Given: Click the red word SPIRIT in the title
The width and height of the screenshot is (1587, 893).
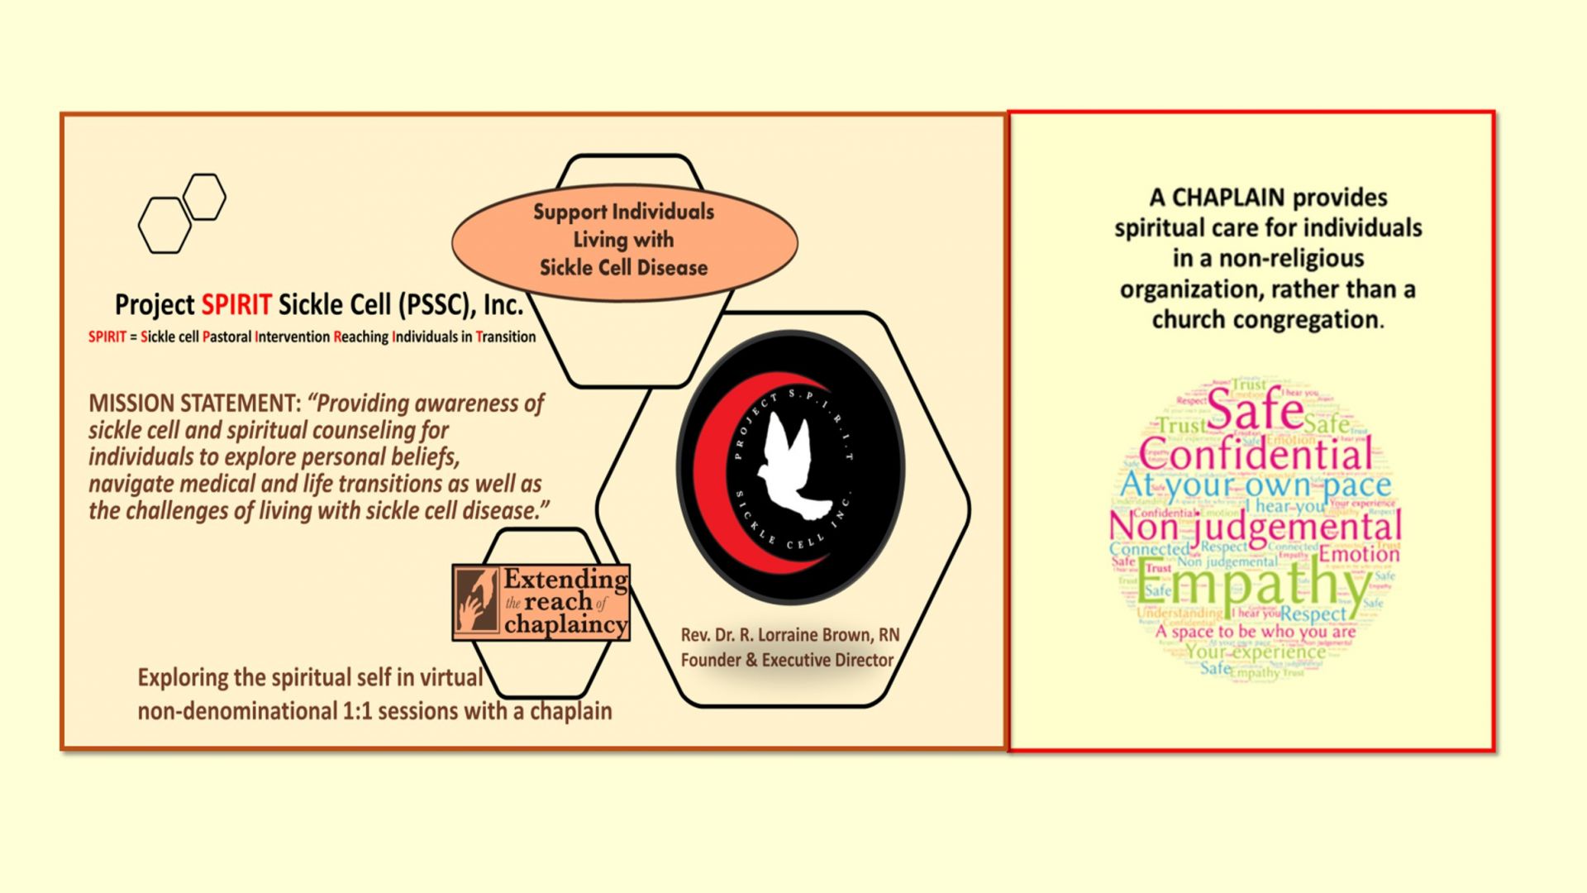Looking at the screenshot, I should click(x=236, y=305).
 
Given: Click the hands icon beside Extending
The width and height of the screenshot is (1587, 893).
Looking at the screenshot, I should click(x=477, y=602).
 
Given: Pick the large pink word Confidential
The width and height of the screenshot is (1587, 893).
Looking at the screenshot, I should click(x=1256, y=455).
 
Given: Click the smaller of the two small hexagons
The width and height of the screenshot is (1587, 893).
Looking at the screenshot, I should click(x=204, y=197).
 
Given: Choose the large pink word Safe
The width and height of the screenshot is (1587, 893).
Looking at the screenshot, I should click(x=1255, y=409).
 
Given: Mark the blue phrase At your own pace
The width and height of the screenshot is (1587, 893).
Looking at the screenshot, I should click(x=1256, y=485).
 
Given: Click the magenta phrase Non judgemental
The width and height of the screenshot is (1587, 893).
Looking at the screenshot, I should click(x=1255, y=527).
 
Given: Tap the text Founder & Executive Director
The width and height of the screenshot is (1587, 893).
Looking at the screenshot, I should click(x=787, y=661).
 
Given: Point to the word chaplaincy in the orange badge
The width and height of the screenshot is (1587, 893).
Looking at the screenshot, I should click(x=565, y=625).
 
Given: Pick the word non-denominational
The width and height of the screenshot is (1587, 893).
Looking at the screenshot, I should click(x=237, y=711).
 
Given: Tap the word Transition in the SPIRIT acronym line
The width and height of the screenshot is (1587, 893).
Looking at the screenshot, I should click(x=505, y=337).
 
